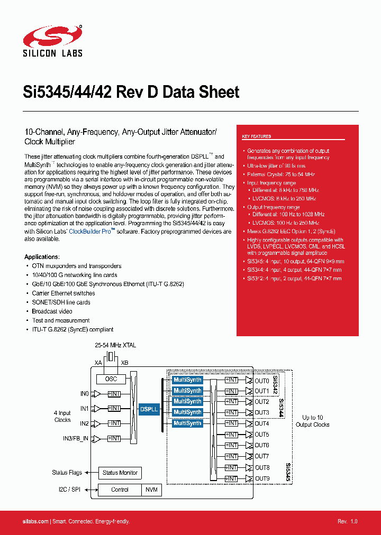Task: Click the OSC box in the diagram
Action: click(x=111, y=379)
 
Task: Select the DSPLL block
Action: click(x=149, y=409)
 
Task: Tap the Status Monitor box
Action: click(x=120, y=473)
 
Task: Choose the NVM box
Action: click(x=152, y=490)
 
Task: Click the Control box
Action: click(x=120, y=490)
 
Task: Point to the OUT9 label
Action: click(x=262, y=478)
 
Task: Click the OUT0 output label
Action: click(x=262, y=381)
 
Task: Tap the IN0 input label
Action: click(x=84, y=393)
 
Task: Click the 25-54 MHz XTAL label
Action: click(x=115, y=345)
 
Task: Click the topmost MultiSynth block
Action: click(x=187, y=380)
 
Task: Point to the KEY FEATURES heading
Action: click(x=257, y=137)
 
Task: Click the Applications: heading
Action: click(x=41, y=257)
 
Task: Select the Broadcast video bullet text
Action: click(x=52, y=311)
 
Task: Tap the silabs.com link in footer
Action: click(x=36, y=521)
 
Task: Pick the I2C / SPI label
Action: click(x=69, y=490)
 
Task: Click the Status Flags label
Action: click(x=67, y=473)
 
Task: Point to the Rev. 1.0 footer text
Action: click(x=348, y=521)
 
